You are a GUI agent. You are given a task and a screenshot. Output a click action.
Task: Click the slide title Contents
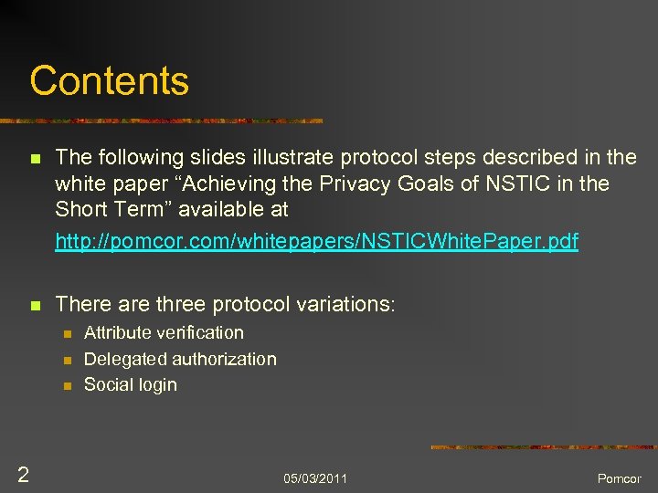[x=109, y=80]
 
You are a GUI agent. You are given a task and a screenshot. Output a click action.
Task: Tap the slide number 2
[x=23, y=474]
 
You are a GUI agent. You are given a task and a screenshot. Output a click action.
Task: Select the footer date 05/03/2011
[x=315, y=478]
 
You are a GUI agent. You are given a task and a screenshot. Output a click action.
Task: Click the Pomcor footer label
[x=620, y=478]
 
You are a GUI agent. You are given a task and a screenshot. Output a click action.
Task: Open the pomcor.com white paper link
[x=316, y=242]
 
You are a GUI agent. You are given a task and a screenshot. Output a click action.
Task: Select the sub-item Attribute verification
[x=164, y=333]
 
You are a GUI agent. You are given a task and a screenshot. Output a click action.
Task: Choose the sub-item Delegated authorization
[x=180, y=359]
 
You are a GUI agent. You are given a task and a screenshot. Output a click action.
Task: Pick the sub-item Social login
[x=130, y=384]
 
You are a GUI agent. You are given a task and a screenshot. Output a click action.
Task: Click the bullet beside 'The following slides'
[x=35, y=159]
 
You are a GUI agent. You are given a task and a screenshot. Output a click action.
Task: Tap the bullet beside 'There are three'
[x=35, y=305]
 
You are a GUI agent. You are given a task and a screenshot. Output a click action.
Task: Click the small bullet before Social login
[x=66, y=386]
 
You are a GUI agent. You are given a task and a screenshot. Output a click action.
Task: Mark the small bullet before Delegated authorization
[x=66, y=361]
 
